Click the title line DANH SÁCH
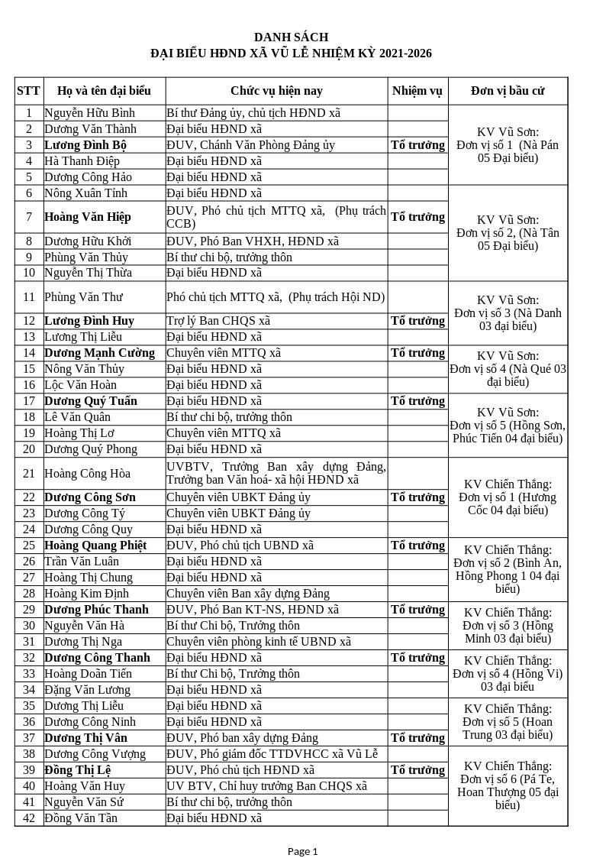(291, 37)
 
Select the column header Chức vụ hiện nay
(276, 91)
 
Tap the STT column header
(28, 91)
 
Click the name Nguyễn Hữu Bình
(89, 113)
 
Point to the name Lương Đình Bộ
(85, 145)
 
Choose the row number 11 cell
(29, 297)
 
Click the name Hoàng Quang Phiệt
(95, 546)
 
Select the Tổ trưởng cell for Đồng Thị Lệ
(417, 770)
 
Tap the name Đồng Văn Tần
(81, 818)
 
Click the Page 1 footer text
(302, 851)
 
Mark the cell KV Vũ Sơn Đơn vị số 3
(508, 313)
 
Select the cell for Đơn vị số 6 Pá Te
(508, 785)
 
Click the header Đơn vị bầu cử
(508, 91)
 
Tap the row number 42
(29, 818)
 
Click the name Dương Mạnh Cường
(99, 353)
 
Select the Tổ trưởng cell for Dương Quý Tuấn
(417, 401)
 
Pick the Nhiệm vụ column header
(417, 91)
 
